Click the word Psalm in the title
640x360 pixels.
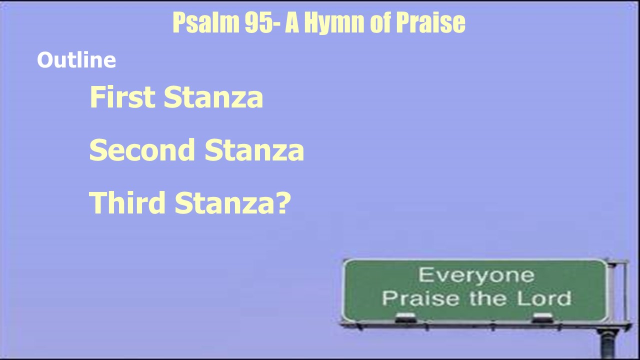(206, 23)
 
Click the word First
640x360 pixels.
(122, 97)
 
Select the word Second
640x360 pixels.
(142, 149)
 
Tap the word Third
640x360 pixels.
(127, 202)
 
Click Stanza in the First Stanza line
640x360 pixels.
(213, 97)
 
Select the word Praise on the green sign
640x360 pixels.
(420, 298)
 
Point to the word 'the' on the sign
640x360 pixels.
(488, 298)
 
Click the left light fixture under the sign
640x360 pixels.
(405, 317)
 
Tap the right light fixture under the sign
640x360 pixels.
(542, 317)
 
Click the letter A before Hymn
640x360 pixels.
(292, 23)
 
